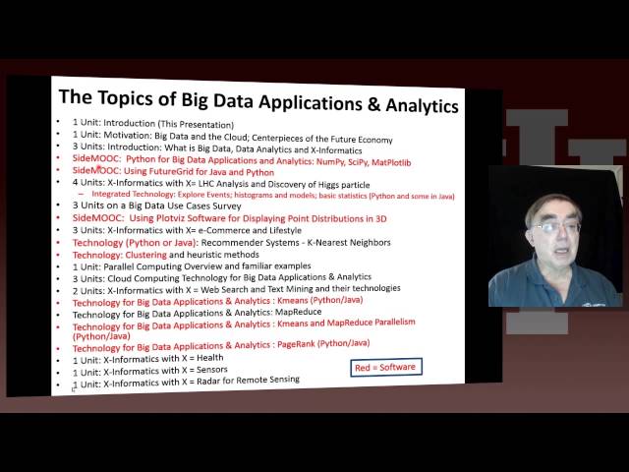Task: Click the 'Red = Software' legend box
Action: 383,367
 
